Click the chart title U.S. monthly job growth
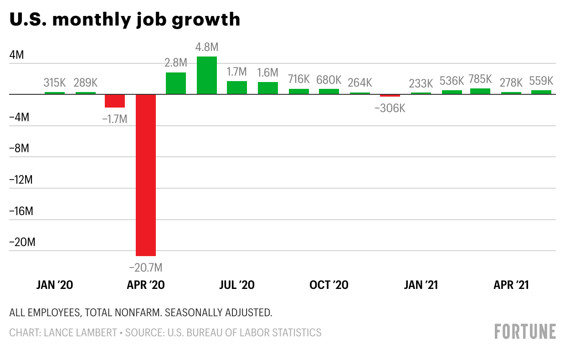[124, 20]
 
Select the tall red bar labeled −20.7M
[145, 175]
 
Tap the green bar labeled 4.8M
[206, 75]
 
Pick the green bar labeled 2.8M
[176, 83]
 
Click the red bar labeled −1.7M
[115, 101]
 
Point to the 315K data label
[55, 83]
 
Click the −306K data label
[390, 108]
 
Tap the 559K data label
[541, 81]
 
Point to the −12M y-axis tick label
[21, 180]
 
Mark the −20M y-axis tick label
[22, 242]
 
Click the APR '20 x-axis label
[146, 285]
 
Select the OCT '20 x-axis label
[329, 285]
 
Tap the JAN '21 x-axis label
[421, 285]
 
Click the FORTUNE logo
[525, 331]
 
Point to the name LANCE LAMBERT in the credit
[80, 333]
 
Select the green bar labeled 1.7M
[237, 87]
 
